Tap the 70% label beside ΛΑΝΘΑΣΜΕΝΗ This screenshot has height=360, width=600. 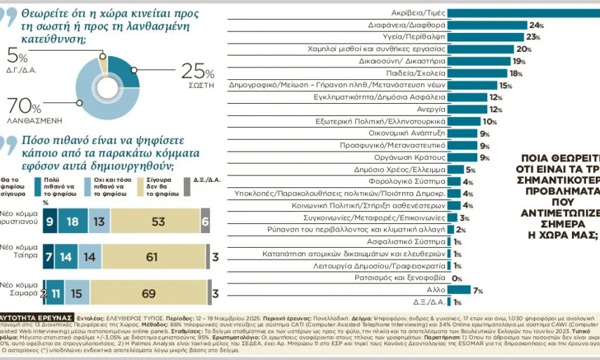point(25,105)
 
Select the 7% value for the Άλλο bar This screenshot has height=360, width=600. point(479,291)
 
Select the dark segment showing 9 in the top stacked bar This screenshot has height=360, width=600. point(50,221)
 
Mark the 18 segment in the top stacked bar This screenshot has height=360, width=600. point(72,221)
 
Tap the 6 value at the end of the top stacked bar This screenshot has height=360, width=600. point(205,221)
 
